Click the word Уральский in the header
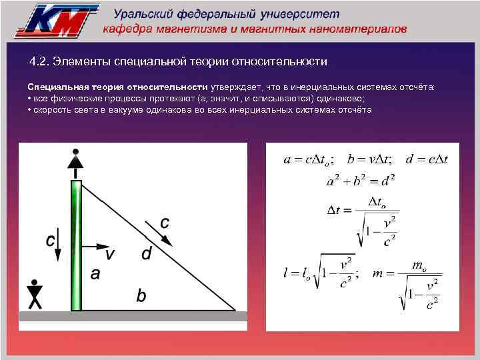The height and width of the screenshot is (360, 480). [x=147, y=14]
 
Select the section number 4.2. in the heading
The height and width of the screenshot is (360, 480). [x=43, y=62]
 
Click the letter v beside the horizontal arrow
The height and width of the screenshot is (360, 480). [x=110, y=254]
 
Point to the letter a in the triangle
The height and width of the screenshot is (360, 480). [x=95, y=273]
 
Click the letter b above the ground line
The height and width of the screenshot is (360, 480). [x=141, y=295]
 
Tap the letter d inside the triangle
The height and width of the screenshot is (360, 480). [x=147, y=253]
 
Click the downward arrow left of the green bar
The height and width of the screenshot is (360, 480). [x=59, y=246]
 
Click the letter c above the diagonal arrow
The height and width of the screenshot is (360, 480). [x=164, y=221]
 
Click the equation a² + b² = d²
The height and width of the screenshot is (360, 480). [x=361, y=181]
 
